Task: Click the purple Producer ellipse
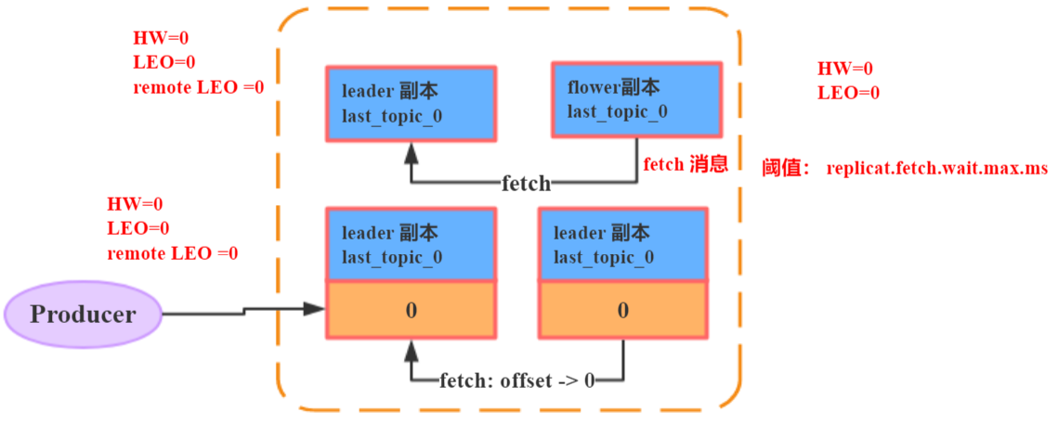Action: (83, 314)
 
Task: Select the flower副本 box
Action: (636, 99)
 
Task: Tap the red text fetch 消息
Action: (685, 165)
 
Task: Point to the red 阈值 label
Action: (786, 169)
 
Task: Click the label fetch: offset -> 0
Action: (516, 381)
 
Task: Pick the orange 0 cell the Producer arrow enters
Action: (411, 310)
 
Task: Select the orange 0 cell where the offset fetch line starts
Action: (622, 310)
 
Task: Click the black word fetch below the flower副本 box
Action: (527, 184)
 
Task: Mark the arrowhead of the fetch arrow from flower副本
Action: (411, 152)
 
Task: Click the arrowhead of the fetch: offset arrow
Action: (411, 349)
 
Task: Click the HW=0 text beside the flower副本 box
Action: (844, 69)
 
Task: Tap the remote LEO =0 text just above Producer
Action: (172, 253)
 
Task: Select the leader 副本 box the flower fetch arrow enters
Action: (411, 103)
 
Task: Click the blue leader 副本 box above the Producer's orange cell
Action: (411, 244)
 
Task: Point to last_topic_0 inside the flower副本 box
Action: (617, 112)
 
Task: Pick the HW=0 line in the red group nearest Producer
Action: (135, 204)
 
